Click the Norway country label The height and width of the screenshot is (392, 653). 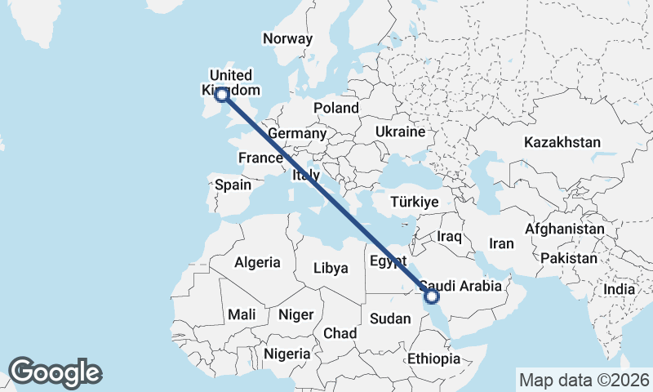coord(287,38)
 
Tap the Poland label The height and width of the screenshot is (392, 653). coord(336,108)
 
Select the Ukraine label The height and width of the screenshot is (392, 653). coord(400,131)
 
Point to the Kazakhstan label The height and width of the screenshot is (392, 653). coord(562,142)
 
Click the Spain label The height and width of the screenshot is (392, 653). coord(233,185)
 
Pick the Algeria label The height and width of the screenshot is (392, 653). coord(257,263)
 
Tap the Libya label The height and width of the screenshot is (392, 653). coord(331,268)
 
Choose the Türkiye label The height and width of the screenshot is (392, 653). coord(414,202)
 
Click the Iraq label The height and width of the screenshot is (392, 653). coord(450,237)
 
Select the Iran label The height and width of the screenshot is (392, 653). coord(501,243)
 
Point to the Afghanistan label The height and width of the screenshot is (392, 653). coord(565,229)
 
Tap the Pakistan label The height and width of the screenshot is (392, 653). coord(568,258)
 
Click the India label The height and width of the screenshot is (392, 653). coord(620,289)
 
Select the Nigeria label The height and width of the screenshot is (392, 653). coord(287,354)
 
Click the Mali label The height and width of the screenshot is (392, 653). coord(242,314)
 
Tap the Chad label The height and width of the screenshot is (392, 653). coord(340,333)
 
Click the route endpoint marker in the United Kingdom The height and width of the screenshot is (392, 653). coord(220,94)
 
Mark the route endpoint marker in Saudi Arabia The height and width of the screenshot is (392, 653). coord(433,296)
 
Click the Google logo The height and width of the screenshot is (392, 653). coord(55,372)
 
